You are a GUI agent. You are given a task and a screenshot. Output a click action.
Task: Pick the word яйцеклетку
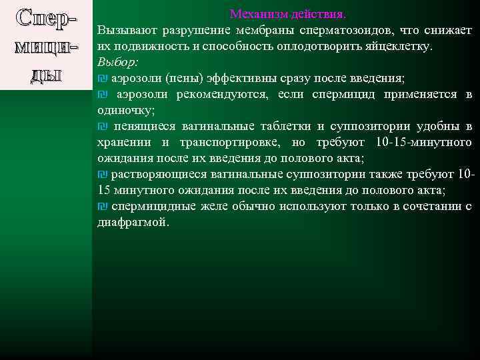(x=401, y=47)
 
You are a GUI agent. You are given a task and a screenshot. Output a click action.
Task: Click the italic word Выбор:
(x=117, y=62)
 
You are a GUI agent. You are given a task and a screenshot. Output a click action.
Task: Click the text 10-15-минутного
(x=423, y=142)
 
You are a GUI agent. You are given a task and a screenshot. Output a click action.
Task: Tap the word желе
(x=213, y=206)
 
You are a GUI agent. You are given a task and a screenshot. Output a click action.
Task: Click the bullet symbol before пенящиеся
(x=102, y=127)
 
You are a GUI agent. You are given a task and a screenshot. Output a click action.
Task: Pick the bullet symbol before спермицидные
(x=102, y=206)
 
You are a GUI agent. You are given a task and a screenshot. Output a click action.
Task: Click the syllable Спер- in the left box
(x=43, y=20)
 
